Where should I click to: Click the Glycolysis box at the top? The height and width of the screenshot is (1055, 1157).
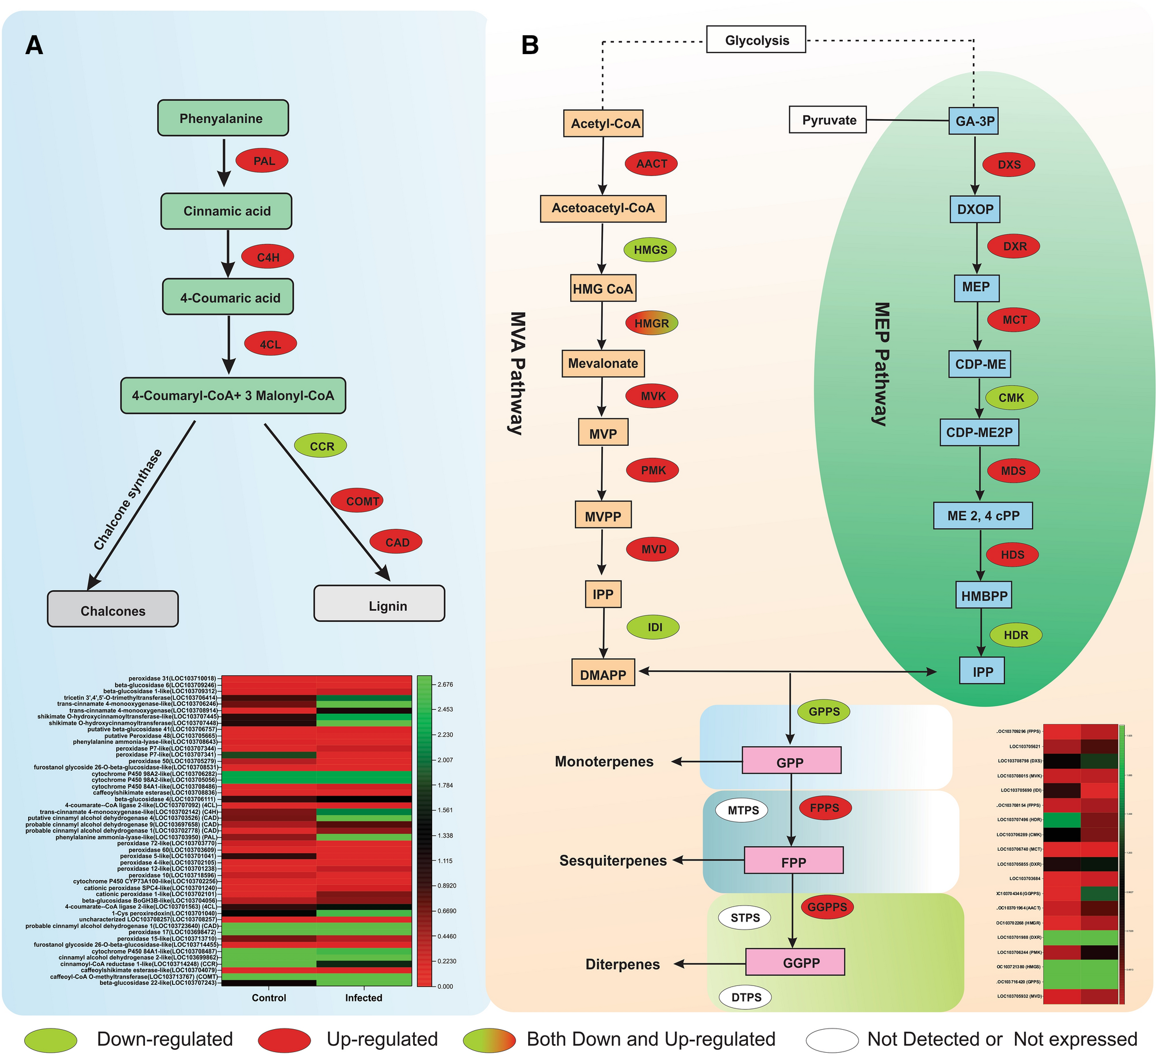tap(755, 40)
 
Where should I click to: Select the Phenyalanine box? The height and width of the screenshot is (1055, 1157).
tap(223, 118)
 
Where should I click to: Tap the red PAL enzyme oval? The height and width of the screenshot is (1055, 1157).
tap(262, 160)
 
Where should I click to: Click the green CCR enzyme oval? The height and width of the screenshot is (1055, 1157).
tap(320, 446)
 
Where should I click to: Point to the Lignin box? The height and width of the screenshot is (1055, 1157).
tap(379, 604)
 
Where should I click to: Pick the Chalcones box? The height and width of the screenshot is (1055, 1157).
tap(113, 609)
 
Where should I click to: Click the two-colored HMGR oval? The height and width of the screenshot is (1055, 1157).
tap(651, 323)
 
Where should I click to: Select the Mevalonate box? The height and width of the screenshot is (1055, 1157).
tap(602, 364)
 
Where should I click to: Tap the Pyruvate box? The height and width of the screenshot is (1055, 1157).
tap(827, 120)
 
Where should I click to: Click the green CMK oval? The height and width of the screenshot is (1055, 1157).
tap(1011, 397)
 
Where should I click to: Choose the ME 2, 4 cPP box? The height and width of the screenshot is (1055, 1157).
tap(982, 515)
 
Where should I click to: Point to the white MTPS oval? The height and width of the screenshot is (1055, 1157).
tap(743, 810)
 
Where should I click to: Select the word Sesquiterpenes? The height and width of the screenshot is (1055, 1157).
tap(613, 861)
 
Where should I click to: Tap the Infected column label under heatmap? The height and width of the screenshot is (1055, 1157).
tap(363, 997)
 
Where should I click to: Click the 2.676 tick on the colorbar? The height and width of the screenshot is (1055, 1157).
tap(445, 685)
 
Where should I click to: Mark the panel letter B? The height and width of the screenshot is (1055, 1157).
tap(529, 45)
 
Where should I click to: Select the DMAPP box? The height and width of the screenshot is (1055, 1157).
tap(602, 674)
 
